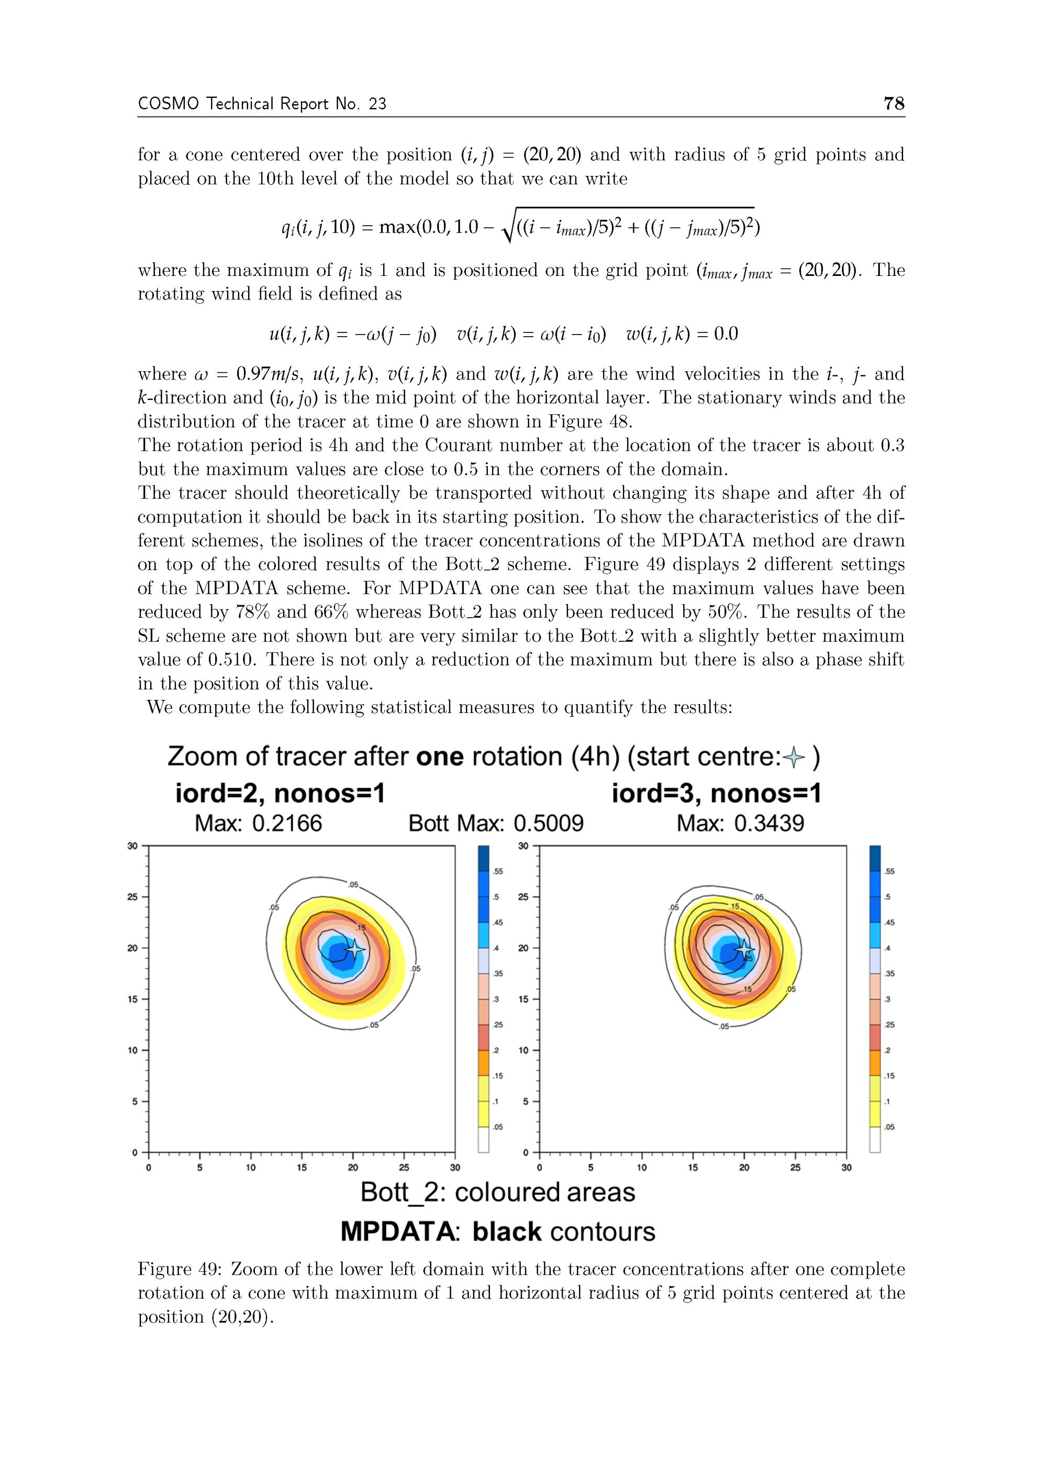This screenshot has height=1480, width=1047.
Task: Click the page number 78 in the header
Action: [x=894, y=103]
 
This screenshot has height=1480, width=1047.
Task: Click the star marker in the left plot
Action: [x=354, y=948]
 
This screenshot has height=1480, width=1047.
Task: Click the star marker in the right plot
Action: [x=744, y=948]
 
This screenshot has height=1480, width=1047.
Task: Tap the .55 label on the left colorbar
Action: [x=498, y=872]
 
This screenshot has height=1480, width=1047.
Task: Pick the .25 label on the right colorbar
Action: [x=889, y=1025]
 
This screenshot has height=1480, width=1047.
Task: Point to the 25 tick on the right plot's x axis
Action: [x=795, y=1167]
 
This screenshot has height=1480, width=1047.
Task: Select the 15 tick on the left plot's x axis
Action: [x=302, y=1167]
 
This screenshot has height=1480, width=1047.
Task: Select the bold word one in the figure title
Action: [x=440, y=757]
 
